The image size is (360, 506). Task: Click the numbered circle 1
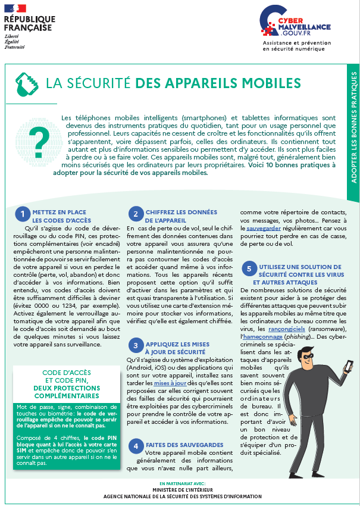click(x=22, y=214)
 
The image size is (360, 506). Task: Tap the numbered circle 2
click(x=135, y=214)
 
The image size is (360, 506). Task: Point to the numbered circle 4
click(x=135, y=445)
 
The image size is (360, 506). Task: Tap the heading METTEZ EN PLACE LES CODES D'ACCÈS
click(x=60, y=216)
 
